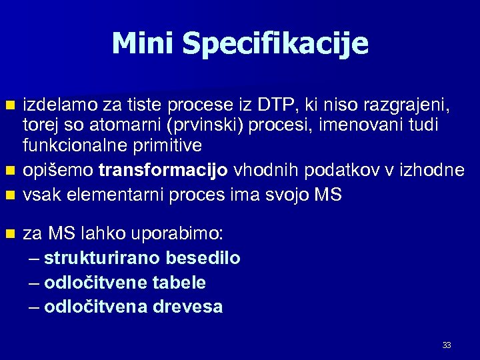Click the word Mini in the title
coord(143,43)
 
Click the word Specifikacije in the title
coord(275,45)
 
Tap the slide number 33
coord(447,345)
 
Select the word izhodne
coord(433,170)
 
